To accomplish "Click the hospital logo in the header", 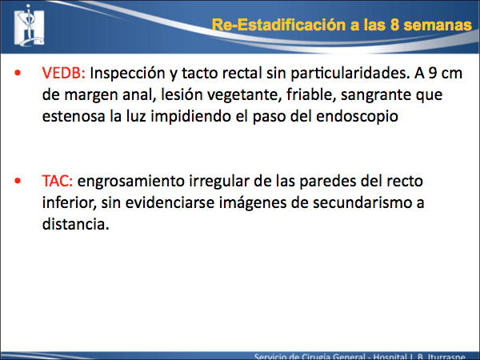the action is click(30, 26).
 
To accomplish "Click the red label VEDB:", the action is click(63, 73).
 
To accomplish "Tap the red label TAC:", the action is click(58, 181).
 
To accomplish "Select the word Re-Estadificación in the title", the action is click(279, 25).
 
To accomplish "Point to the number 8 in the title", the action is click(394, 25).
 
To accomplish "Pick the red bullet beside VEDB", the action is click(18, 73).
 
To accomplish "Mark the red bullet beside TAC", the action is click(18, 181).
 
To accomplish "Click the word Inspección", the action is click(128, 74).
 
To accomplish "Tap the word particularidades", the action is click(350, 74).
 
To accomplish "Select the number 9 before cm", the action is click(433, 73).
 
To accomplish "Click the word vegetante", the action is click(244, 95).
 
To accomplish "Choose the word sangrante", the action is click(376, 95).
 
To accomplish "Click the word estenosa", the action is click(74, 116).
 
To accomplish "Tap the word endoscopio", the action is click(357, 117).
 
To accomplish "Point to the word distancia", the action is click(76, 224).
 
